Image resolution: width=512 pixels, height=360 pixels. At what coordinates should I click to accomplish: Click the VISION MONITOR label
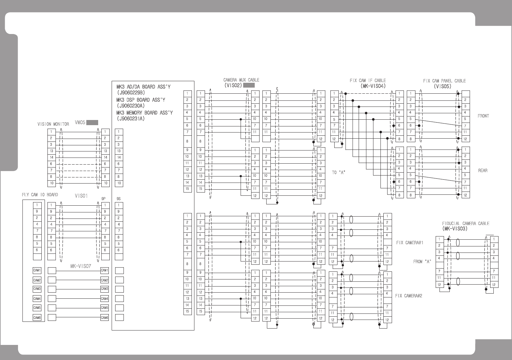[53, 124]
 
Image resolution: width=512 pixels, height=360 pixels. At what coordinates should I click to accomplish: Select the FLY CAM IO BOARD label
[40, 195]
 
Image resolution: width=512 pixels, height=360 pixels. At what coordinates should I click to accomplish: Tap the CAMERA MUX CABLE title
[241, 80]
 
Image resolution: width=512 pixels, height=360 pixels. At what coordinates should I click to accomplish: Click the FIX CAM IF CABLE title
[368, 81]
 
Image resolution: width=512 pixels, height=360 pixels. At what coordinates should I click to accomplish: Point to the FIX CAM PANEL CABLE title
[444, 81]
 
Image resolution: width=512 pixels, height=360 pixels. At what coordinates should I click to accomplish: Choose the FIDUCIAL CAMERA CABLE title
[465, 223]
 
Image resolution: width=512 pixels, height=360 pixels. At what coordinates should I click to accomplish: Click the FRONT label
[483, 116]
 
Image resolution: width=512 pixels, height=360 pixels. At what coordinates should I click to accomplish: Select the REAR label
[482, 170]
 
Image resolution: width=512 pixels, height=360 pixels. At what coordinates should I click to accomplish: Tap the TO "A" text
[338, 173]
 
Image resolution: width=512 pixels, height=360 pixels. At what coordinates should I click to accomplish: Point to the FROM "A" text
[422, 262]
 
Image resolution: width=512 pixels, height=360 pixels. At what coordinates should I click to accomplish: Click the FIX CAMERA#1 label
[410, 243]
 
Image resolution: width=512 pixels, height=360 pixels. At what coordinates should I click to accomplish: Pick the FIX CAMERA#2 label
[408, 296]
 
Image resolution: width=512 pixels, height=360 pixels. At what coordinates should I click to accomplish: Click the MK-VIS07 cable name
[81, 266]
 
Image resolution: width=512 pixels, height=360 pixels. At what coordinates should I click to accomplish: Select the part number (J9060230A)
[131, 106]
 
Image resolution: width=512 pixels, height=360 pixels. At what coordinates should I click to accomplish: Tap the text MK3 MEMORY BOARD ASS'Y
[144, 113]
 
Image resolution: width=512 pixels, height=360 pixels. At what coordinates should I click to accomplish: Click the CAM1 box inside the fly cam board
[37, 270]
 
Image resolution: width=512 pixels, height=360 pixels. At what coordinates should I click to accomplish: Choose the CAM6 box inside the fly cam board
[37, 318]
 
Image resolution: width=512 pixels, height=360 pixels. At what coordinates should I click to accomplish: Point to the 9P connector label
[103, 199]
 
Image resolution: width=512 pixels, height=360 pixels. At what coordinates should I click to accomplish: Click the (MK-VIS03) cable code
[455, 229]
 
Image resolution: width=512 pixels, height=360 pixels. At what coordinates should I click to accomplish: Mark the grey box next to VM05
[92, 123]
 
